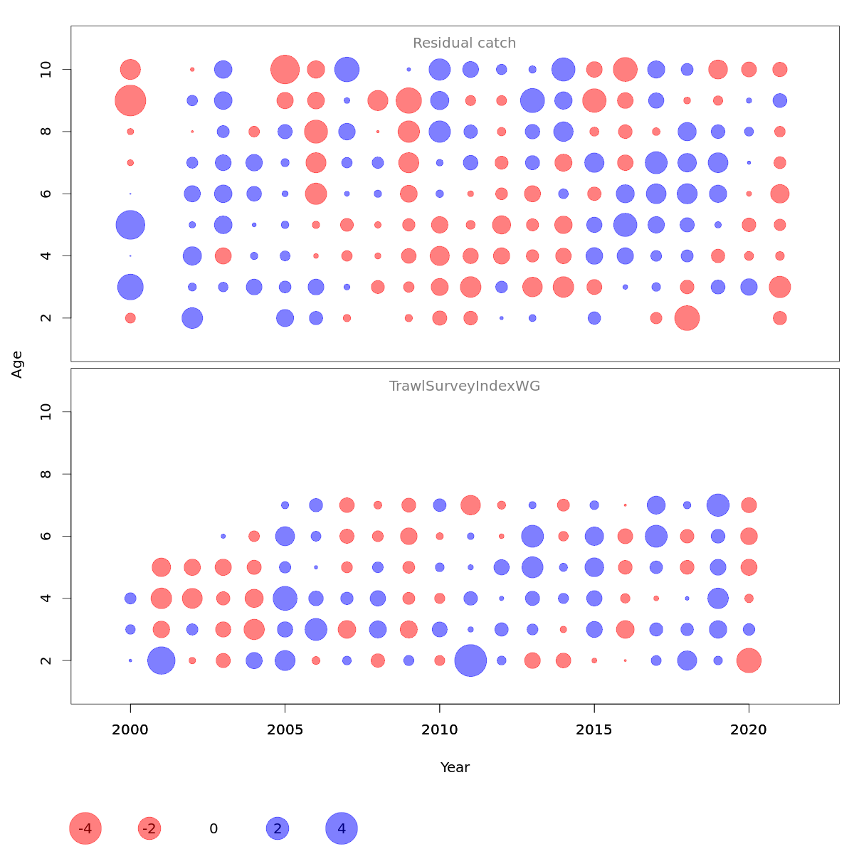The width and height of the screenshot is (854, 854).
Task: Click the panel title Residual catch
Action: coord(464,43)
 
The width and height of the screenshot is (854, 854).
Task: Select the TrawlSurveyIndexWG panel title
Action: coord(464,386)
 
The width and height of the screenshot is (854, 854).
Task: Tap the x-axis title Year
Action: coord(455,767)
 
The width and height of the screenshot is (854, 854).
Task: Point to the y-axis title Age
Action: coord(17,364)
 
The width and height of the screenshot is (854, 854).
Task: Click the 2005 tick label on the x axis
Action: coord(285,730)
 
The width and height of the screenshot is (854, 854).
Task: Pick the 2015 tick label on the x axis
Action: coord(594,730)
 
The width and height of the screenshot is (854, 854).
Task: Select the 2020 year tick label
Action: coord(749,730)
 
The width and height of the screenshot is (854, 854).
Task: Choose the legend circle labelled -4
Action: coord(85,828)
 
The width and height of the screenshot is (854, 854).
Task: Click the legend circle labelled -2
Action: coord(149,828)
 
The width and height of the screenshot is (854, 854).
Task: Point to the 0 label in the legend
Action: coord(213,829)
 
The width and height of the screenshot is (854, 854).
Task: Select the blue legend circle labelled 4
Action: coord(342,828)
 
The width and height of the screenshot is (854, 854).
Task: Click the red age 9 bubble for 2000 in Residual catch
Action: coord(130,100)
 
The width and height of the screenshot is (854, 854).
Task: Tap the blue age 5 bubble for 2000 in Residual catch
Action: coord(130,225)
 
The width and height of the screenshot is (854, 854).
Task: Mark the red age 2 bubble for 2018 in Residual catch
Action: coord(687,318)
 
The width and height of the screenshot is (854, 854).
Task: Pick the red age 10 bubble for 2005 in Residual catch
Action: coord(285,70)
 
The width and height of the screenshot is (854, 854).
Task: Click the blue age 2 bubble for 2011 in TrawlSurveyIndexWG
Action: coord(470,660)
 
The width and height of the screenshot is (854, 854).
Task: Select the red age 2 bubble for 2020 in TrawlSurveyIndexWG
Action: coord(749,660)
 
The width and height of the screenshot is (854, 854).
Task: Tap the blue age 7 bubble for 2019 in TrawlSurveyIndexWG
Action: coord(718,505)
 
